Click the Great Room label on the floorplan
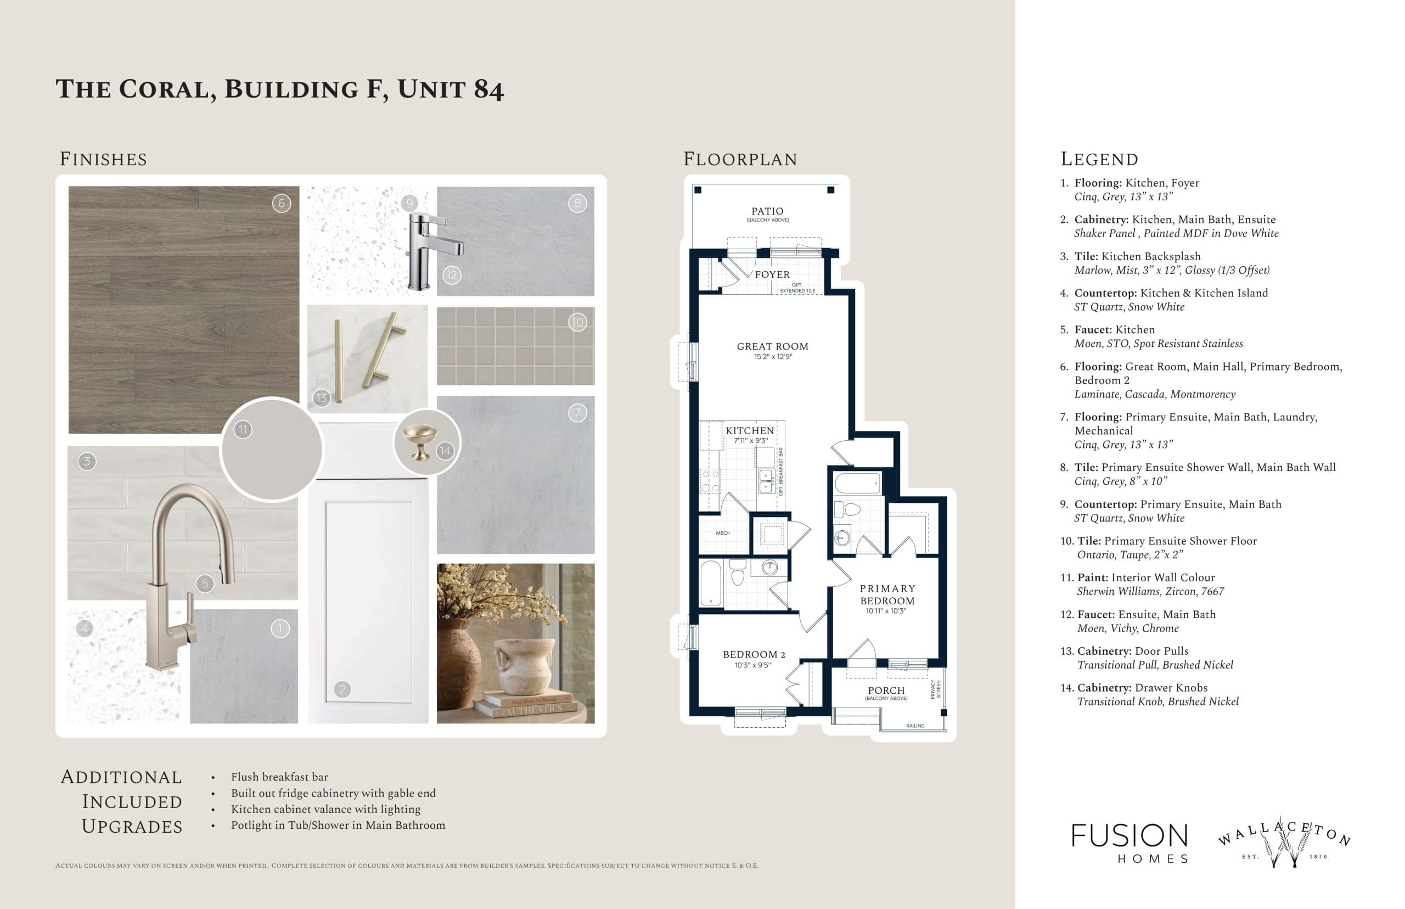tap(772, 346)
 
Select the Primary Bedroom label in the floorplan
tap(887, 594)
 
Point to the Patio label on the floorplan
tap(767, 211)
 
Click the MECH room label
tap(722, 533)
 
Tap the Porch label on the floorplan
tap(886, 690)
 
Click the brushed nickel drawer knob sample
tap(419, 441)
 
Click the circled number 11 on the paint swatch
tap(243, 430)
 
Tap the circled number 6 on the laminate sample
tap(282, 204)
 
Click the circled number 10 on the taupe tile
tap(577, 322)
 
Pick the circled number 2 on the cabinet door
tap(342, 689)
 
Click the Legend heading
tap(1099, 159)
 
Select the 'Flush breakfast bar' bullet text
tap(279, 777)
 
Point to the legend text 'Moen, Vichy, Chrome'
tap(1127, 628)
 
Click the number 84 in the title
tap(488, 89)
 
